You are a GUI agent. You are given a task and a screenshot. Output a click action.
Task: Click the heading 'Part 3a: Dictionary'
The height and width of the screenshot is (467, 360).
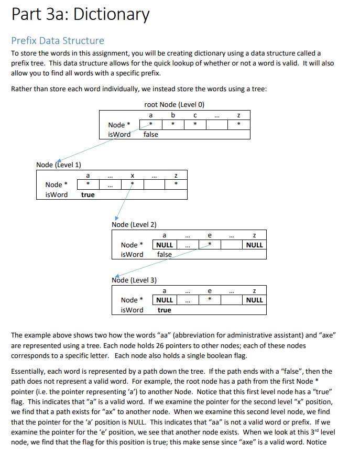(x=80, y=14)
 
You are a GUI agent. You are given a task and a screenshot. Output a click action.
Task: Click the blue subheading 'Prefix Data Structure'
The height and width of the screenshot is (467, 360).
(x=58, y=40)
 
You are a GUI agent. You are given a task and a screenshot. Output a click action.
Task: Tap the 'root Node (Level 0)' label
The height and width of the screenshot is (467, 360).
(x=174, y=105)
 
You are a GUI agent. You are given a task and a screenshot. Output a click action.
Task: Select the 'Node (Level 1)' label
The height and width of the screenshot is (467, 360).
(x=58, y=165)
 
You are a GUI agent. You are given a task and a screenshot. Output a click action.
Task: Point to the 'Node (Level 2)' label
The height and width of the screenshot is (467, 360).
(x=134, y=224)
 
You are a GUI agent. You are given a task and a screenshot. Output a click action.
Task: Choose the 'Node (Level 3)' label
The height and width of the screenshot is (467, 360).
(x=134, y=279)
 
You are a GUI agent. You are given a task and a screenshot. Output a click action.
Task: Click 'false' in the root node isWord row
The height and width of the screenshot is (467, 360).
(x=150, y=134)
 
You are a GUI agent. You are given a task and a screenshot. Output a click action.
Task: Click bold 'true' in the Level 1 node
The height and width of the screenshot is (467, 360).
(x=88, y=194)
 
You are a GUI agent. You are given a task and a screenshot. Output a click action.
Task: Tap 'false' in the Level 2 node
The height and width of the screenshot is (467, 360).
(x=165, y=254)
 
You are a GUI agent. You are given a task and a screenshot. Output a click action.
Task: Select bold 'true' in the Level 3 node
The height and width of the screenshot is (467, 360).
(x=165, y=310)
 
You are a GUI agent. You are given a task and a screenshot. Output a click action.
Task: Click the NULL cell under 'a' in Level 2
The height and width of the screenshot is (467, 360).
(x=165, y=245)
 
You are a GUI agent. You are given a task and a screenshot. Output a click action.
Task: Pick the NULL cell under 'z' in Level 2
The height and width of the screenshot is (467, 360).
(x=255, y=245)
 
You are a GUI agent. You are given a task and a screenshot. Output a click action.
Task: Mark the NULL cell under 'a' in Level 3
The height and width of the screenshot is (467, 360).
(x=165, y=300)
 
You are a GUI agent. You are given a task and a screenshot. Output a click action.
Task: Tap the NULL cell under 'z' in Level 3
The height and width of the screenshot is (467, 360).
(x=255, y=300)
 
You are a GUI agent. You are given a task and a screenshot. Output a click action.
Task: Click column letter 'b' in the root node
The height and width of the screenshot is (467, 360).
(x=173, y=115)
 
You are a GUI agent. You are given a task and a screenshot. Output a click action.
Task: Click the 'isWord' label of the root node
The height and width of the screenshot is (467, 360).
(x=119, y=134)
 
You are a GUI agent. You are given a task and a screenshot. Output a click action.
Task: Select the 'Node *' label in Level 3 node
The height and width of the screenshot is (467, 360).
(x=129, y=300)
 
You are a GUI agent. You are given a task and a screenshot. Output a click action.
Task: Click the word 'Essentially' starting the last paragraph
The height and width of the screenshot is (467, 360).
(x=28, y=371)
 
